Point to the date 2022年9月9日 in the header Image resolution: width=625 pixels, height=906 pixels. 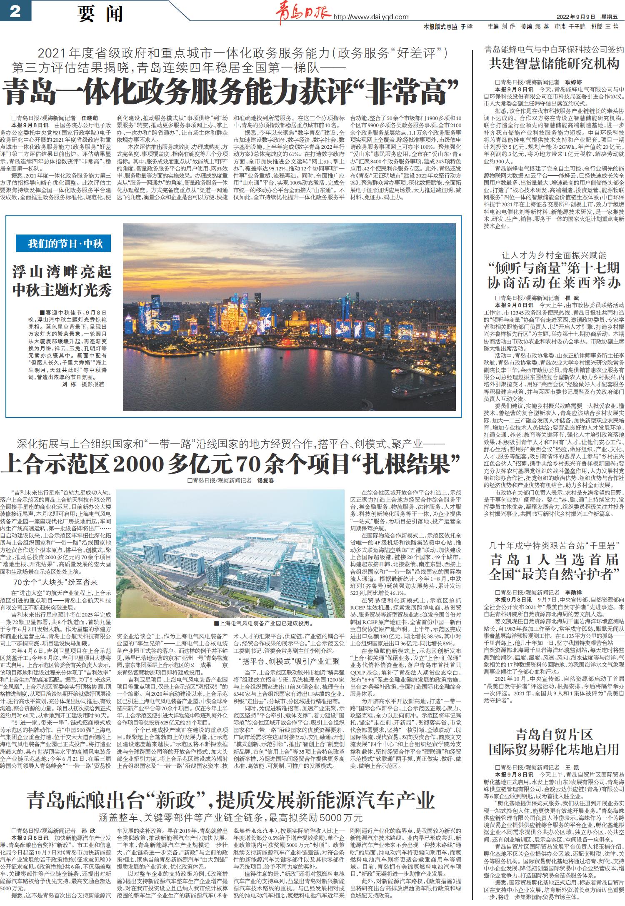click(x=578, y=17)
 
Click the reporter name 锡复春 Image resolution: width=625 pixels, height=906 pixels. click(x=265, y=480)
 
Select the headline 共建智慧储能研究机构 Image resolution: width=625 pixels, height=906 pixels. click(x=554, y=64)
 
